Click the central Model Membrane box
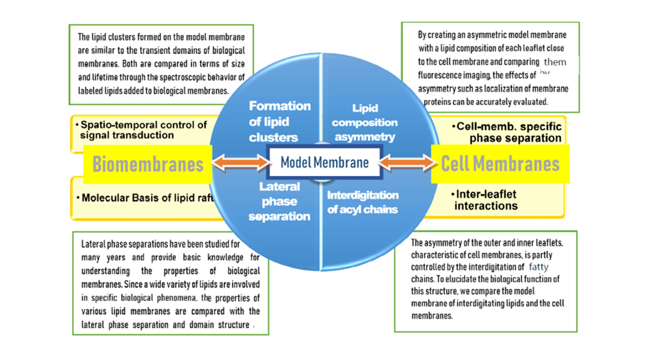(x=324, y=163)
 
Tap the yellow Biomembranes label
(x=148, y=164)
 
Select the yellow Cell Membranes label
(x=500, y=164)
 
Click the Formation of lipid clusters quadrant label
(x=279, y=121)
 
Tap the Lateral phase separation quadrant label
(x=279, y=201)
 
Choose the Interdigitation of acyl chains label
(x=363, y=202)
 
